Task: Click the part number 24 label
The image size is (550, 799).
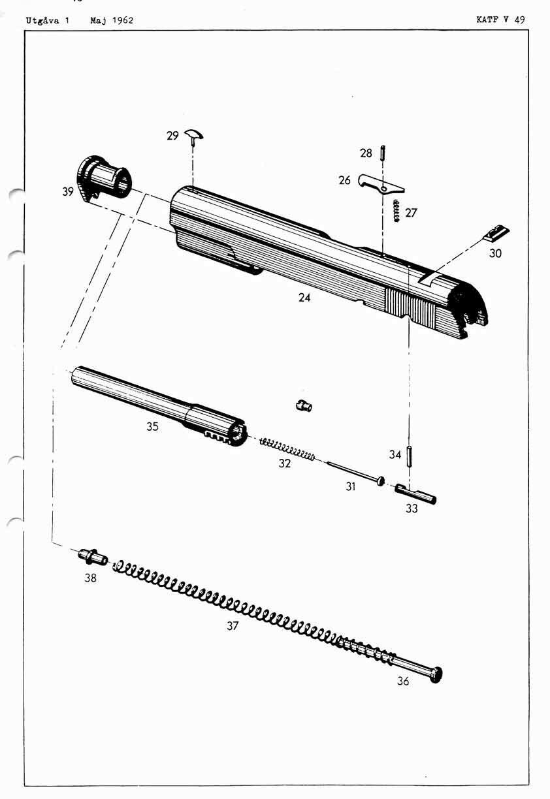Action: click(x=304, y=298)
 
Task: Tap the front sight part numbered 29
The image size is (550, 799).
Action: click(x=194, y=135)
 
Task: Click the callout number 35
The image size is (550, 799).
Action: click(x=152, y=426)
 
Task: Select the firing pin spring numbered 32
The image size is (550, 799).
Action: click(x=287, y=448)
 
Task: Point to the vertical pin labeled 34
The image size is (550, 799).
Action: click(x=409, y=455)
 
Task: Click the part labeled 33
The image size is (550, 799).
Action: click(x=415, y=493)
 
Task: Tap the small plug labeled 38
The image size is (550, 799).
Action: click(x=93, y=557)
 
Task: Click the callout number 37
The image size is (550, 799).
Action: click(x=233, y=626)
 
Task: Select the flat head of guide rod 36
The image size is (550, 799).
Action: click(x=436, y=674)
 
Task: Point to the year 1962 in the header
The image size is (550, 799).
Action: click(x=121, y=20)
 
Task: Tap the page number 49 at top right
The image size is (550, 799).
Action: click(x=519, y=20)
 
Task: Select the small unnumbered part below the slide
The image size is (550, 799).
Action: click(x=304, y=405)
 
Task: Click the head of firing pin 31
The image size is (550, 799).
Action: click(x=380, y=481)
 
